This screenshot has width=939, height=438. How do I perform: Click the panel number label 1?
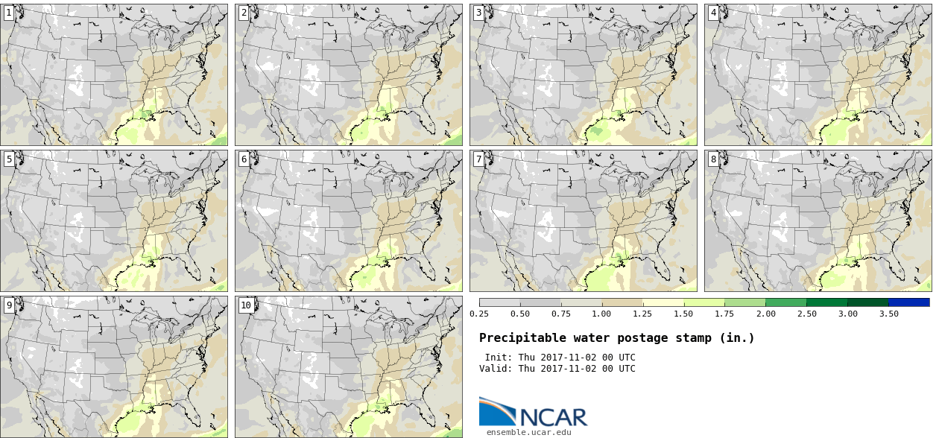point(8,13)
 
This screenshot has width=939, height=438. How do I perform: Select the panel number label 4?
point(713,13)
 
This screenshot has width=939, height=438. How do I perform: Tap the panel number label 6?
point(244,159)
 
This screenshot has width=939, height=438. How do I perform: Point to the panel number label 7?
point(478,159)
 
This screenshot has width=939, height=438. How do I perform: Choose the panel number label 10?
point(246,305)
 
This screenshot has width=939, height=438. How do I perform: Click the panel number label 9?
point(8,305)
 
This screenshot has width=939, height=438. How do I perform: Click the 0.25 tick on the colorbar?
point(479,314)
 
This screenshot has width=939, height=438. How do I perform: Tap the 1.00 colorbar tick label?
point(601,314)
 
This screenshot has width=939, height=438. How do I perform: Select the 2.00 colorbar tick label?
point(766,314)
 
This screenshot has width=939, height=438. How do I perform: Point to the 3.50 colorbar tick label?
point(888,314)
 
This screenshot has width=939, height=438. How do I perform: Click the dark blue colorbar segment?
point(909,302)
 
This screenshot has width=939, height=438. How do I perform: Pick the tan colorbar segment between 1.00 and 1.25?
point(622,302)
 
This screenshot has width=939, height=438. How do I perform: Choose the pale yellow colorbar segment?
point(663,302)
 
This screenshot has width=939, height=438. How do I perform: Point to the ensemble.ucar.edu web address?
point(528,432)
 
